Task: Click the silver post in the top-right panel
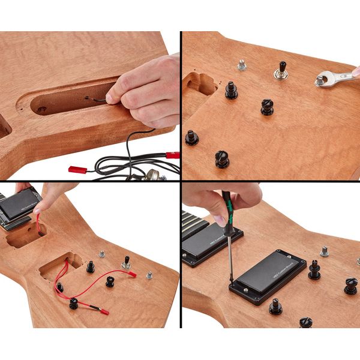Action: tap(242, 64)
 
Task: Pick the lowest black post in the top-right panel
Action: tap(222, 160)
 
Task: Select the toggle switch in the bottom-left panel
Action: tap(127, 262)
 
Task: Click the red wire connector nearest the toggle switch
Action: tap(131, 275)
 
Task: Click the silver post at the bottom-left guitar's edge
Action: tap(149, 275)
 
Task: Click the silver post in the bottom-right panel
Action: tap(324, 251)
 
